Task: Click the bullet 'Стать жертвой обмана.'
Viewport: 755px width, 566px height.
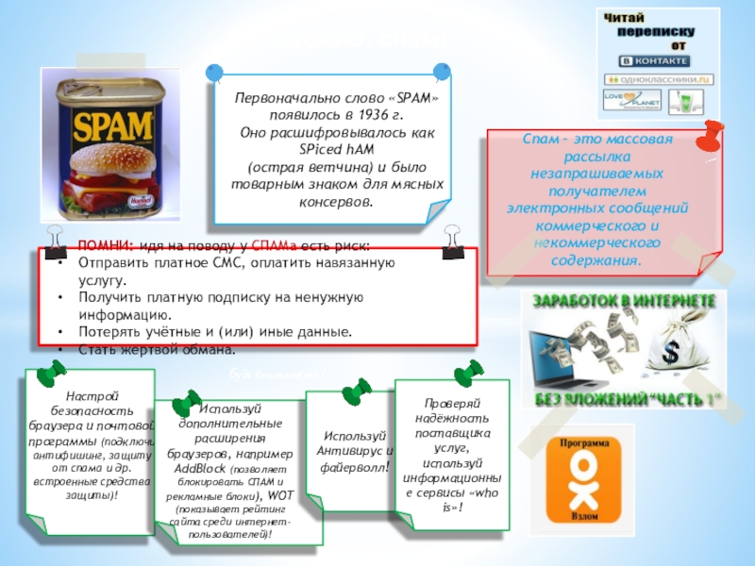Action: click(156, 349)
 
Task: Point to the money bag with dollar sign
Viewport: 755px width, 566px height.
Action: click(678, 356)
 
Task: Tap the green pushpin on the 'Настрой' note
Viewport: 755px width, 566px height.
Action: click(46, 377)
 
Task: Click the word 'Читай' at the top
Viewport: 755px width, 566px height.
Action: click(625, 19)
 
